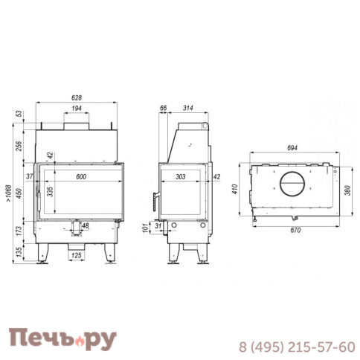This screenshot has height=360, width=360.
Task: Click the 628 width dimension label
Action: [x=77, y=97]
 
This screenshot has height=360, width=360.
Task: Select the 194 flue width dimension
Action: [x=77, y=109]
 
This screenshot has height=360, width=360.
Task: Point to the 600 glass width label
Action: [x=81, y=176]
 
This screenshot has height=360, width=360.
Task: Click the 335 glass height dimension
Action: [x=50, y=192]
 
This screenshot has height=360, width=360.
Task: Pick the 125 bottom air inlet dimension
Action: [x=77, y=255]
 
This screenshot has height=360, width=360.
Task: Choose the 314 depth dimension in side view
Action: [x=188, y=108]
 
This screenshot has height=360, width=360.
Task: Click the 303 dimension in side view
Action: [x=180, y=176]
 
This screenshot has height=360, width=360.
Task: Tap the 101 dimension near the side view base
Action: [x=146, y=228]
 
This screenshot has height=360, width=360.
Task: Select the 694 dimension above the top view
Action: [x=292, y=148]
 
